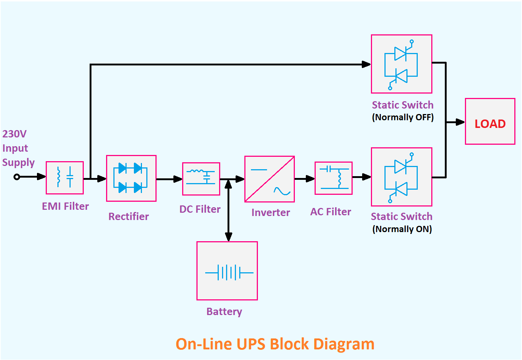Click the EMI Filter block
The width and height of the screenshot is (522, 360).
click(65, 178)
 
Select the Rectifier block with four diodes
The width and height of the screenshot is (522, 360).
click(131, 178)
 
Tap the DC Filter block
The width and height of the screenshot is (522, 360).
click(201, 179)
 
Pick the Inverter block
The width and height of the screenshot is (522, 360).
click(269, 179)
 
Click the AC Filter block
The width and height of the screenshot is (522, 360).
click(333, 178)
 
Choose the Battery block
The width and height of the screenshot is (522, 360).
click(227, 271)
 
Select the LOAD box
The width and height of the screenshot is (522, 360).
click(490, 121)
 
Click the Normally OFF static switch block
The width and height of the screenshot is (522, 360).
click(401, 64)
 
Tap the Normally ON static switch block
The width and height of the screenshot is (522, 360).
click(401, 177)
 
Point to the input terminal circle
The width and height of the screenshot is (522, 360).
click(16, 177)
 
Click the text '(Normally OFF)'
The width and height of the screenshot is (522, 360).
click(403, 117)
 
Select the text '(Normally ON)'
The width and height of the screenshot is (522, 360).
click(402, 229)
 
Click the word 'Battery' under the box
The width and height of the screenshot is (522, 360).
click(224, 311)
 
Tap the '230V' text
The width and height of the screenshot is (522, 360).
click(15, 134)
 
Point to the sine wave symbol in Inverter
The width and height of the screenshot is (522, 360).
click(282, 191)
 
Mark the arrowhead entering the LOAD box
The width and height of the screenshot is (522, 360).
click(460, 122)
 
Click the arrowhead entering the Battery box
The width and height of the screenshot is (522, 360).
click(229, 237)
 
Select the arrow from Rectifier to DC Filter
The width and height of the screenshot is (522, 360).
click(169, 179)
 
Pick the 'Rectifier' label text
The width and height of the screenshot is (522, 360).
click(128, 216)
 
